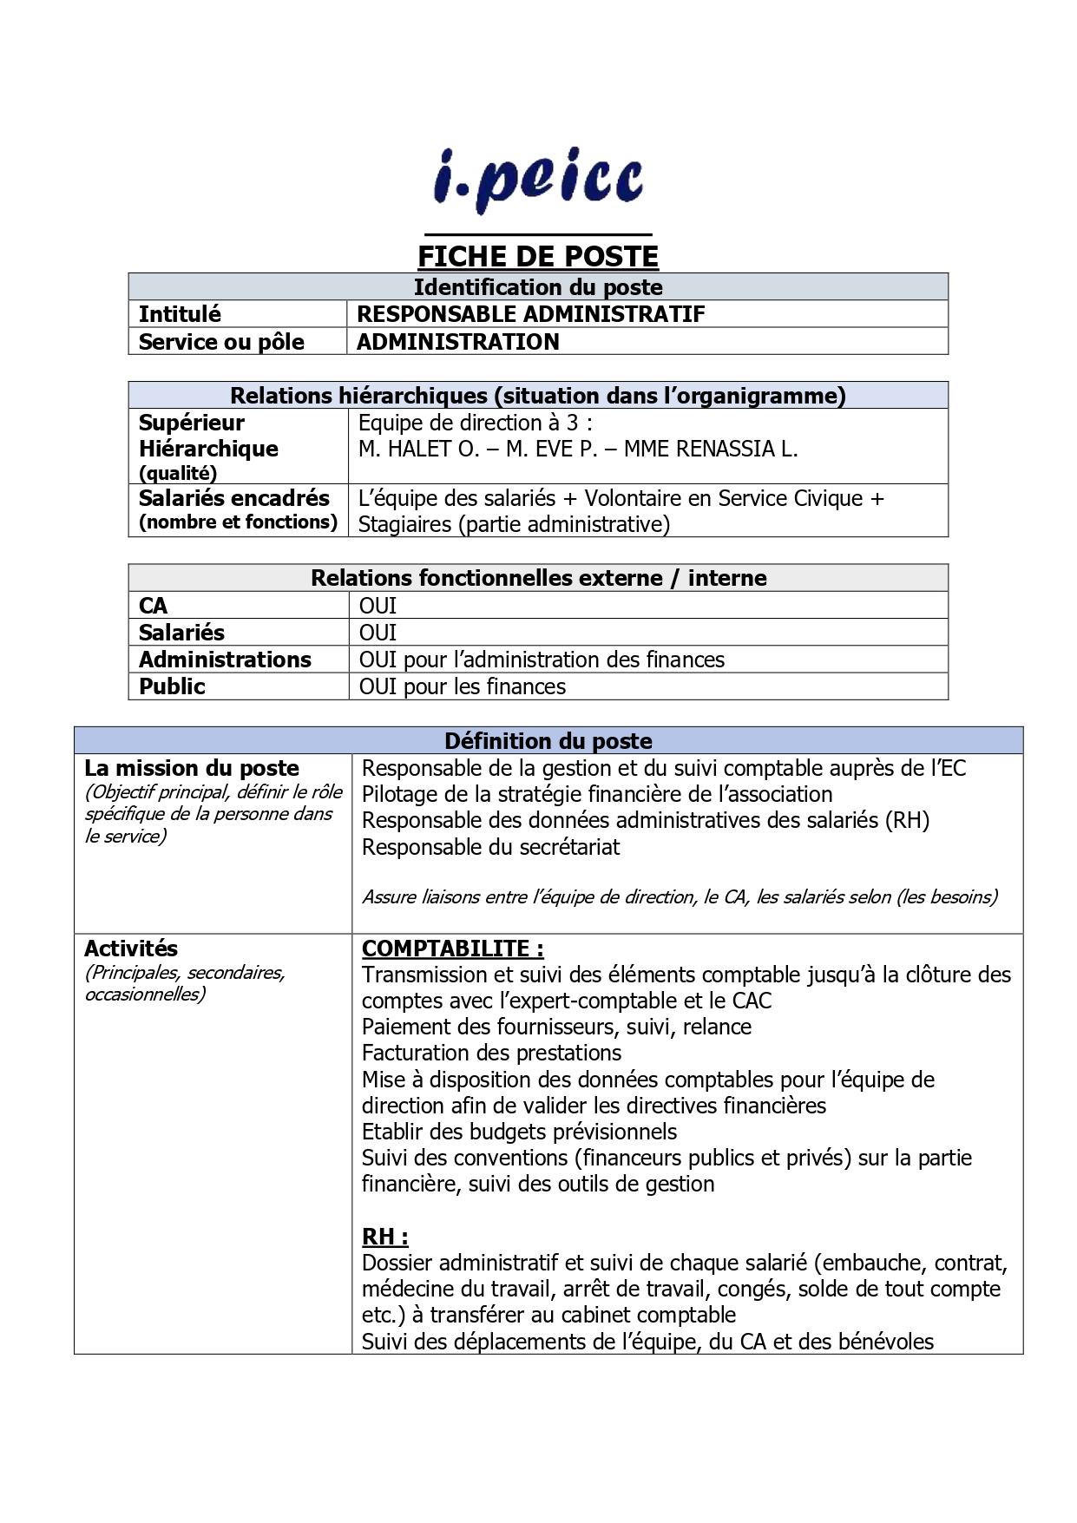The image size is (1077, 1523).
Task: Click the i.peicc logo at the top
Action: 538,182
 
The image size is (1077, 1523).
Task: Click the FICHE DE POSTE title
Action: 538,256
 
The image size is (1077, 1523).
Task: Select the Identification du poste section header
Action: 538,287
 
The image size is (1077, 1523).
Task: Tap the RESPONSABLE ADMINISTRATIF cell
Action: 530,314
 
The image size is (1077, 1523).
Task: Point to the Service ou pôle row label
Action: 221,342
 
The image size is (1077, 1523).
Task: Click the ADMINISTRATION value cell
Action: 457,342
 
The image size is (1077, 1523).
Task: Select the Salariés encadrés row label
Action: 234,498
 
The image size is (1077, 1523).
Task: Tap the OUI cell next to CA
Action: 378,606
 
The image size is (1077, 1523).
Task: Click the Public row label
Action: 172,686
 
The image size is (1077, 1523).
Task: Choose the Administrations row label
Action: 225,660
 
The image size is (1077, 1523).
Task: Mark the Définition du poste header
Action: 548,741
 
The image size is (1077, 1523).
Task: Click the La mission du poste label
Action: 192,768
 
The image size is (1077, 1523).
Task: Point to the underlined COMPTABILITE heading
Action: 452,949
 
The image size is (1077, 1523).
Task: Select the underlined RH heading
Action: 384,1237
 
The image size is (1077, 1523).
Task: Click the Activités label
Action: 130,949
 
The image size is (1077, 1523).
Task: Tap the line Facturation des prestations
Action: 491,1053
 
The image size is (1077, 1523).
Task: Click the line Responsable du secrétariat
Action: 490,847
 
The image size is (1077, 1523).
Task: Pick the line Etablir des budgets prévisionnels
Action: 519,1132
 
